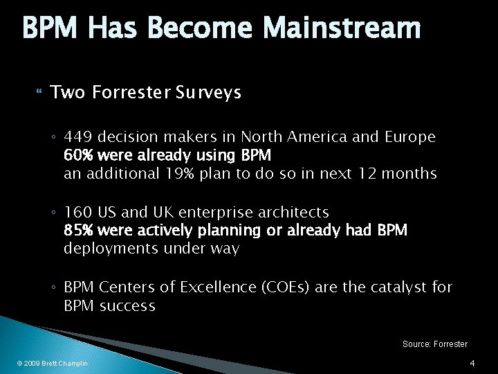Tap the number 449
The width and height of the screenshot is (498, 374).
pyautogui.click(x=77, y=137)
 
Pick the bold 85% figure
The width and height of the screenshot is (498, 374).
pyautogui.click(x=78, y=230)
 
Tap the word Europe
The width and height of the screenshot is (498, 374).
pyautogui.click(x=412, y=137)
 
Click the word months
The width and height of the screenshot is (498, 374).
pyautogui.click(x=409, y=174)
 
